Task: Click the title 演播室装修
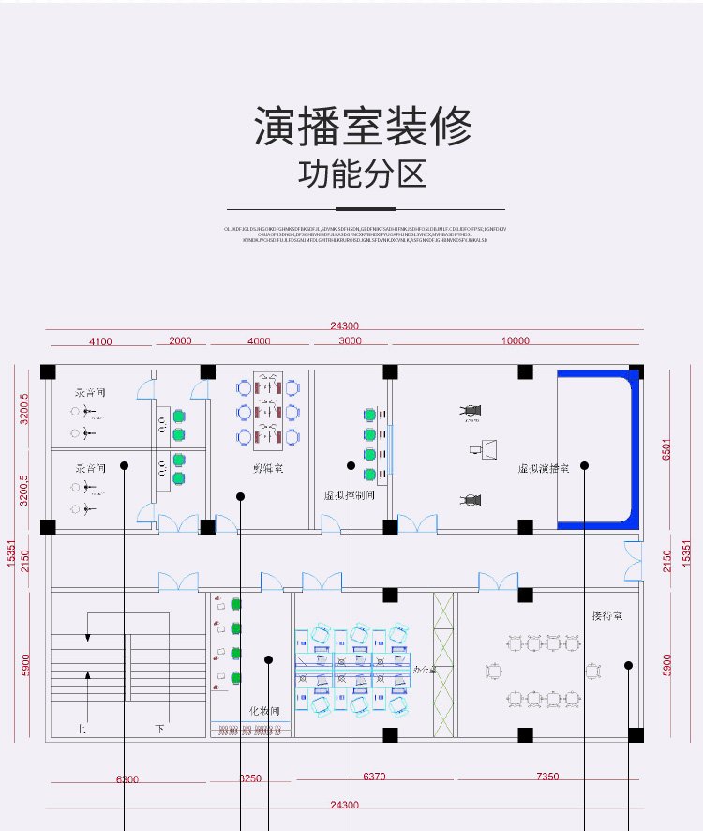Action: pyautogui.click(x=363, y=128)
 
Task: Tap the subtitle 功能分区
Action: pyautogui.click(x=363, y=174)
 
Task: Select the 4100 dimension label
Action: pyautogui.click(x=100, y=341)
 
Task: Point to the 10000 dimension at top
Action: pyautogui.click(x=515, y=341)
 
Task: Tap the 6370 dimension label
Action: pyautogui.click(x=374, y=777)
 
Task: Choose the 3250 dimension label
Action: pyautogui.click(x=250, y=778)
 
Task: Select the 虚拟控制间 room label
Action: pyautogui.click(x=349, y=494)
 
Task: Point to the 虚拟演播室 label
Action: pyautogui.click(x=542, y=466)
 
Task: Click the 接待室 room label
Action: pyautogui.click(x=607, y=616)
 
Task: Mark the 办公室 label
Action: pyautogui.click(x=426, y=671)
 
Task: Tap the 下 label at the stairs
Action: pyautogui.click(x=159, y=728)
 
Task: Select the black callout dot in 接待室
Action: pyautogui.click(x=628, y=665)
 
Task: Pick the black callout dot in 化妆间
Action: pyautogui.click(x=269, y=659)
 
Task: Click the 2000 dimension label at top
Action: pyautogui.click(x=180, y=341)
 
